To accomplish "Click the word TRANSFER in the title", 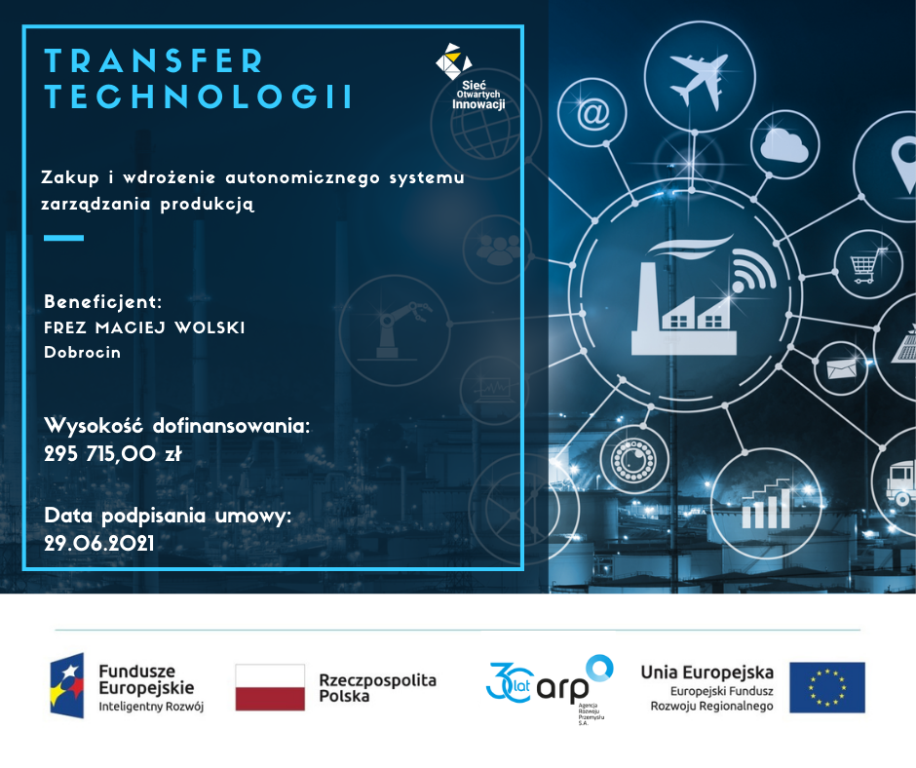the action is click(154, 60).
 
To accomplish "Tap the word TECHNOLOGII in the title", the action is click(199, 96).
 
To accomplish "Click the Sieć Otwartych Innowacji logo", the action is click(471, 77).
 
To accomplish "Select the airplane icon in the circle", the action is click(700, 80).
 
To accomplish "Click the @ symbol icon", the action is click(592, 113).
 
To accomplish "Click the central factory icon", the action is click(684, 305).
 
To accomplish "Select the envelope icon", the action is click(841, 368).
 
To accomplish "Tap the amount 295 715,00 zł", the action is click(113, 453).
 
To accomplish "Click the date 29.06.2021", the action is click(99, 544).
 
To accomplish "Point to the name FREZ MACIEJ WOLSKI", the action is click(144, 327).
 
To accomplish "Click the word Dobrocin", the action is click(83, 353).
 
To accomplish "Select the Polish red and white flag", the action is click(270, 687).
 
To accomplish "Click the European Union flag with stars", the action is click(827, 687).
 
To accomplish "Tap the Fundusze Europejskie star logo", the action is click(66, 685).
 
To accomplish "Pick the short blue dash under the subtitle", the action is click(63, 238).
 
